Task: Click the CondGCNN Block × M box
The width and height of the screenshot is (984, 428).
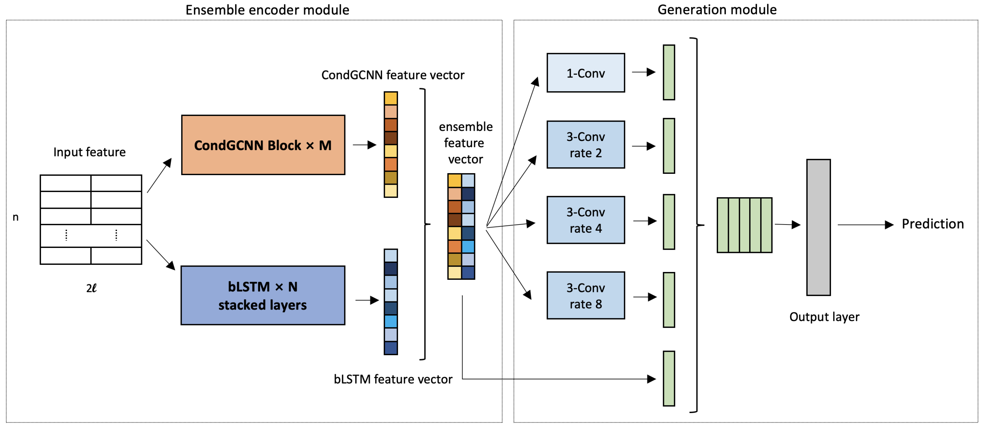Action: (x=263, y=145)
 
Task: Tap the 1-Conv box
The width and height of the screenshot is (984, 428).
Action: (x=586, y=73)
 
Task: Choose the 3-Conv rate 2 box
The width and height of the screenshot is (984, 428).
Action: (x=586, y=144)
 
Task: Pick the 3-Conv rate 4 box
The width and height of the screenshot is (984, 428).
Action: (x=586, y=220)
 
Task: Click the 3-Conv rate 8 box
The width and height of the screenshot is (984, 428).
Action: (x=586, y=295)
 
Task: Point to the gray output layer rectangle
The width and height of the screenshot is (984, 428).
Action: (x=818, y=227)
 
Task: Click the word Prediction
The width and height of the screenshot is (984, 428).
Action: (x=932, y=224)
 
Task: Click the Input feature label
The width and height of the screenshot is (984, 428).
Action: (x=89, y=152)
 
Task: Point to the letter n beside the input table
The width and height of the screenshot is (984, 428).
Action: (x=16, y=217)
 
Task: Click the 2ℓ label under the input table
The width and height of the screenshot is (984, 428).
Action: (x=91, y=288)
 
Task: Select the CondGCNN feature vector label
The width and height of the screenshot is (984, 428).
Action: (x=393, y=75)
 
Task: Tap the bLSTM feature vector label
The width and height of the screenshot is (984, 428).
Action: (x=393, y=379)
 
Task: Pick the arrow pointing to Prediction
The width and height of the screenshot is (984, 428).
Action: (x=865, y=225)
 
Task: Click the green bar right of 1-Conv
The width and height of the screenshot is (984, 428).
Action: (x=668, y=72)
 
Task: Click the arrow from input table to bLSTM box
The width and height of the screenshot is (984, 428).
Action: (x=160, y=255)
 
